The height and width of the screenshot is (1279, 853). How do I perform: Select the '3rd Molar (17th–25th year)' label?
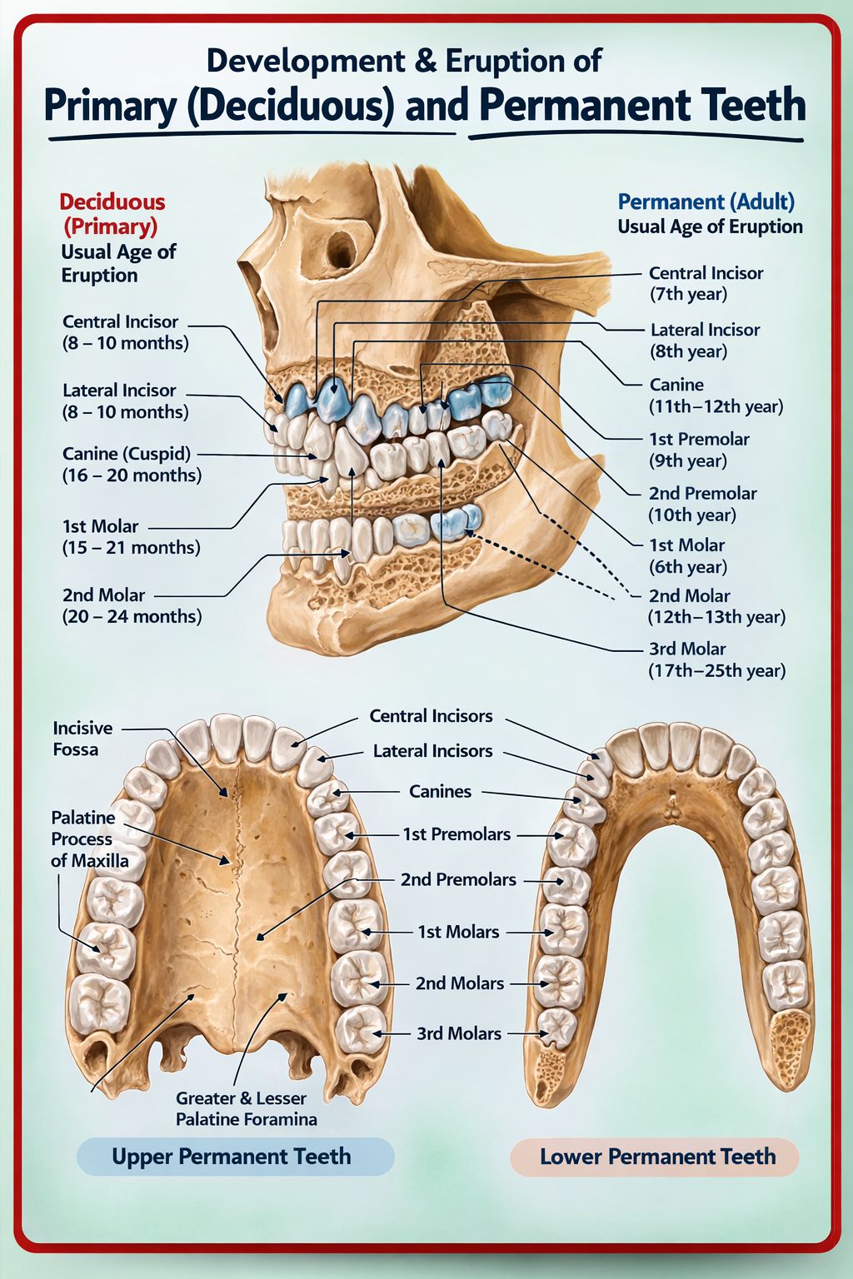click(717, 659)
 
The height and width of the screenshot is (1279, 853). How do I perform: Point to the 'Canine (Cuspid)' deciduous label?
click(127, 454)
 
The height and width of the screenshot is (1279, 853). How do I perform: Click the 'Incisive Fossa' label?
click(82, 739)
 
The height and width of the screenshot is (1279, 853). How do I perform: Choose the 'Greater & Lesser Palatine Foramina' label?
click(247, 1108)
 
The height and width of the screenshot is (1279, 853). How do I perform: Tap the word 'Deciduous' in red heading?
click(112, 202)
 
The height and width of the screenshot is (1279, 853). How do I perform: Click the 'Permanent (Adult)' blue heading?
click(706, 202)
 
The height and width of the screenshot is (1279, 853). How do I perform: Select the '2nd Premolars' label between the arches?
click(458, 880)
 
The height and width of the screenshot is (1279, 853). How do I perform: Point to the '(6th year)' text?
click(688, 567)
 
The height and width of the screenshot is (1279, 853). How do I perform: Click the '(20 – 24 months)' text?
click(132, 617)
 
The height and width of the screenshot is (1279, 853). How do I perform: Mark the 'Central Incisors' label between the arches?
click(431, 716)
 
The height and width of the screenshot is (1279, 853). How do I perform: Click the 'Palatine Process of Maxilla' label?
click(90, 839)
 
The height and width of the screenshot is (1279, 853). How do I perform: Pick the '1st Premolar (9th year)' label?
click(699, 450)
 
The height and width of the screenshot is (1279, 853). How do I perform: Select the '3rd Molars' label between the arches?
click(459, 1033)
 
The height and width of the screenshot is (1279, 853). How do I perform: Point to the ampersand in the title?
click(426, 61)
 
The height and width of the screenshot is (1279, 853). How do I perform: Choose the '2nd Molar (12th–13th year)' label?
click(717, 606)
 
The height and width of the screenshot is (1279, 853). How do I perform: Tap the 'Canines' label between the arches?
click(440, 791)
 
